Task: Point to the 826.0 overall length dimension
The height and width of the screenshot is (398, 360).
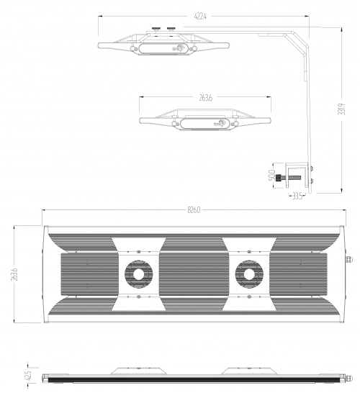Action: pos(193,209)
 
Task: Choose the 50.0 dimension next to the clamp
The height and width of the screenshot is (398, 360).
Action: pos(271,176)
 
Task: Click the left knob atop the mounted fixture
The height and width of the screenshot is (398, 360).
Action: pos(156,30)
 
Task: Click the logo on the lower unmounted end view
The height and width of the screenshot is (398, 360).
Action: pos(219,124)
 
